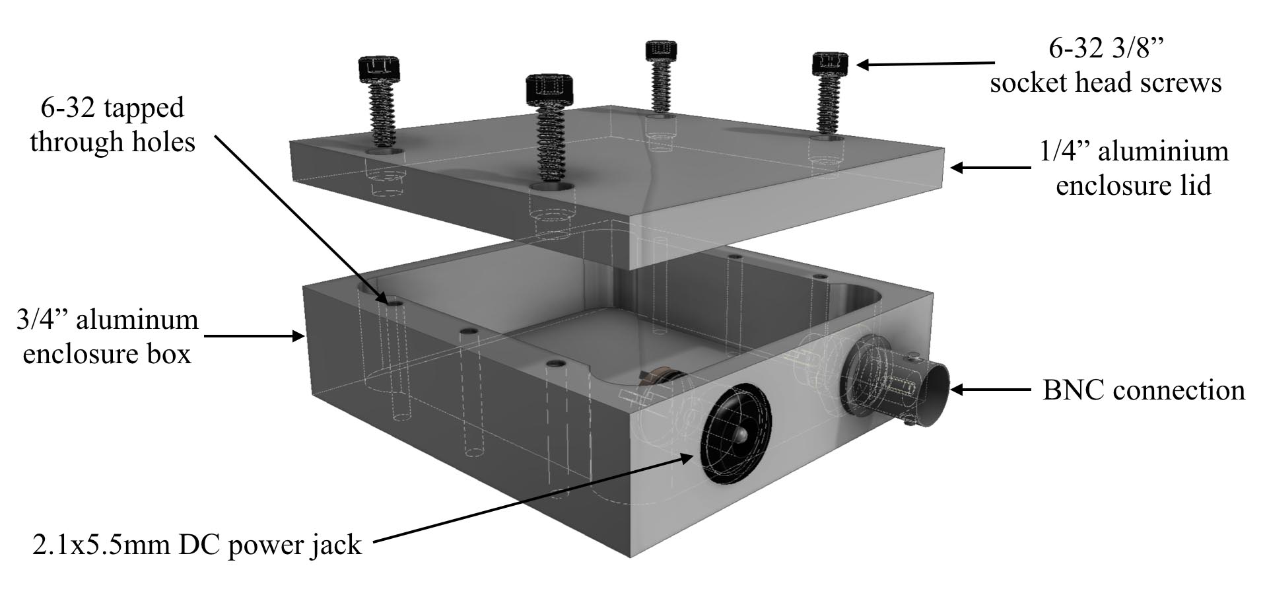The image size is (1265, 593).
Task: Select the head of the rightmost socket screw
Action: click(830, 63)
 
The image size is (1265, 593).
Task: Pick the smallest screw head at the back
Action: click(661, 49)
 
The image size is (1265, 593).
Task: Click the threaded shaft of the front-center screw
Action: click(550, 146)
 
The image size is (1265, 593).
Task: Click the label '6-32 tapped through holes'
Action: click(112, 125)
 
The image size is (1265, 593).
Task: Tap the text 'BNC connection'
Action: click(1143, 390)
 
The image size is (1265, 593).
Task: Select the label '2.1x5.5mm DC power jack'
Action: click(197, 545)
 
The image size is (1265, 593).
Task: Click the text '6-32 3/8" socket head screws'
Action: click(1105, 65)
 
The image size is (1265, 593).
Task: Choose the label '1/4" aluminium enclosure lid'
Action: click(1133, 168)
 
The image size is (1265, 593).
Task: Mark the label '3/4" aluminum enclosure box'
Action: click(107, 337)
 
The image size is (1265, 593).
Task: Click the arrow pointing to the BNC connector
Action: click(990, 390)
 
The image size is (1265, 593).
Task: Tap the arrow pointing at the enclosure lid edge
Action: click(990, 168)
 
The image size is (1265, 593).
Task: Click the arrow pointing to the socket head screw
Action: click(924, 64)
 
